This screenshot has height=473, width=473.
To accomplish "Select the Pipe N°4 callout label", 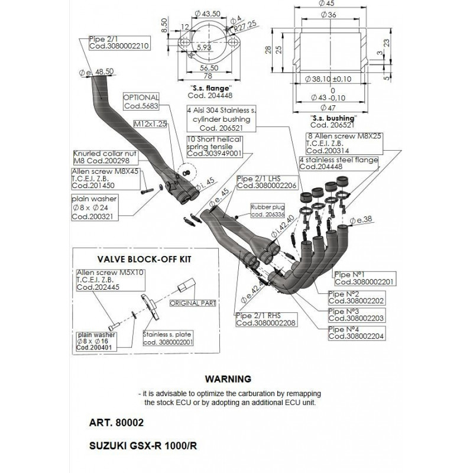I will [x=355, y=332].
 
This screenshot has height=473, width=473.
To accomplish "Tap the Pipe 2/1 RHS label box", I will [x=266, y=320].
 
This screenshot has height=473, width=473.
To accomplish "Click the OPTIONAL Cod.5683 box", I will [x=141, y=102].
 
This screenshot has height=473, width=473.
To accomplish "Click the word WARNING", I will [x=228, y=378].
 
